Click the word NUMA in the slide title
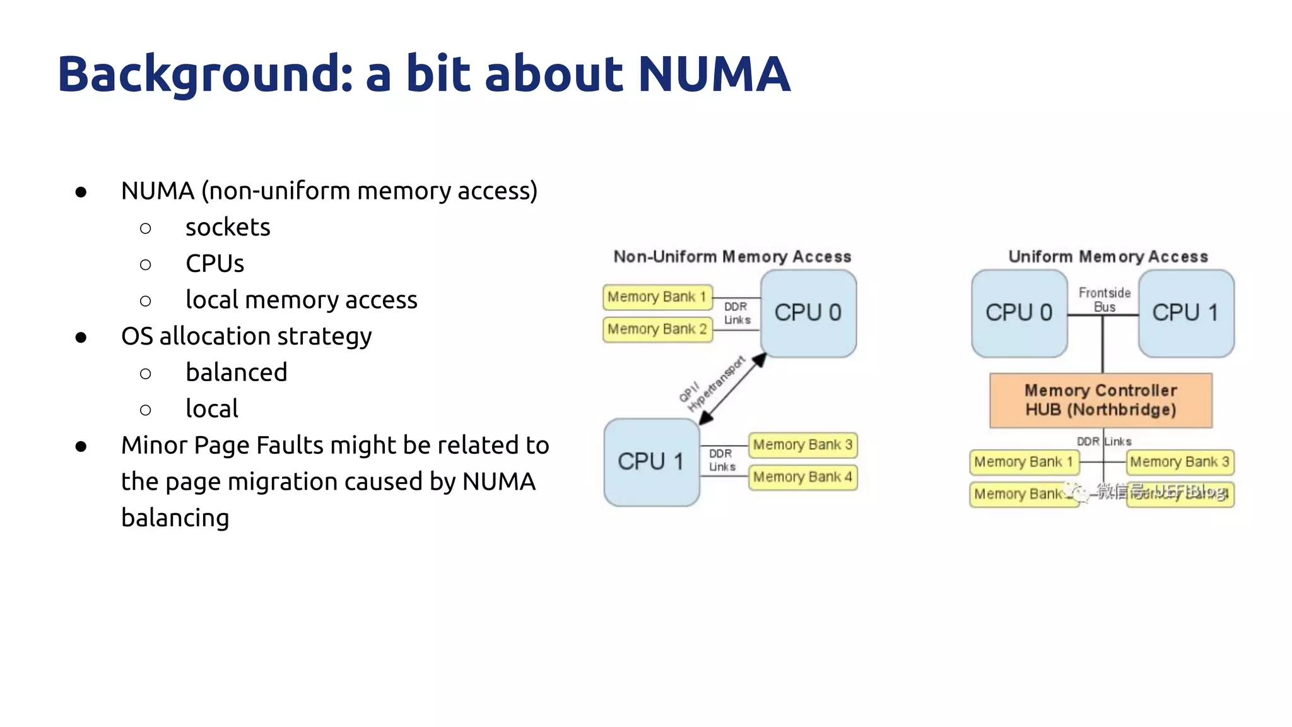click(714, 74)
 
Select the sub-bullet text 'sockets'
click(228, 227)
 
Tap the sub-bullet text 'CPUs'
click(214, 264)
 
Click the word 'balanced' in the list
click(237, 372)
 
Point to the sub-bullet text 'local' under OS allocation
click(212, 409)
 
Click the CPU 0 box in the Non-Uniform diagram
click(808, 313)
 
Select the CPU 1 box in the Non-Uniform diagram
click(651, 462)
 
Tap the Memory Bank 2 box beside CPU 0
click(657, 329)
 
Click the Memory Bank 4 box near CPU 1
click(802, 477)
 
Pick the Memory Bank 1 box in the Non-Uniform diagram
click(657, 297)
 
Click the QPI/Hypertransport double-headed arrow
click(734, 388)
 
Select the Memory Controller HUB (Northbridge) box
click(1101, 400)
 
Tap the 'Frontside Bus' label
click(1104, 299)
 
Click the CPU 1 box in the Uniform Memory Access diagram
click(1185, 313)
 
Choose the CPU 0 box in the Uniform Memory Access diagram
click(1019, 313)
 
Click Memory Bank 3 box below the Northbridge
click(1179, 462)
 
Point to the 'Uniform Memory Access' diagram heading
click(1108, 257)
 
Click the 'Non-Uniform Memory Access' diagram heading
click(732, 257)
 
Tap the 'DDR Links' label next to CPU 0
click(736, 313)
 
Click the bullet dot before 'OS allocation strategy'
click(81, 338)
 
